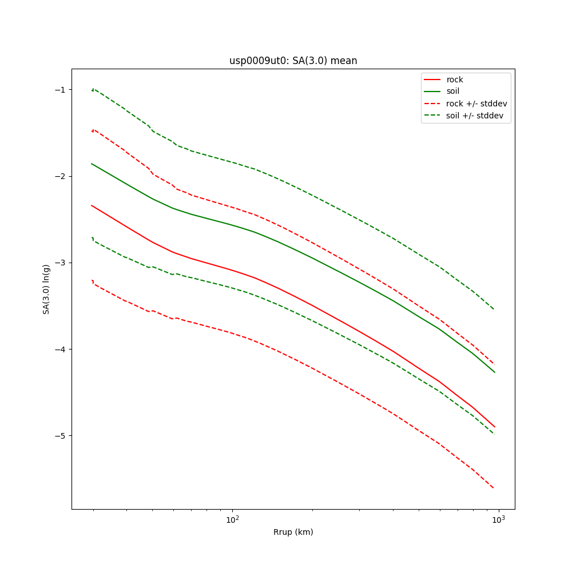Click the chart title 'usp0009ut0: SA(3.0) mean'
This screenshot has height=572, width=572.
point(293,61)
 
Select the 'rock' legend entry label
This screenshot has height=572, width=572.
point(455,80)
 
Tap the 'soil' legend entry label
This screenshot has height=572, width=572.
point(453,92)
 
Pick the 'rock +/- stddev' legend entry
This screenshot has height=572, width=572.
point(476,104)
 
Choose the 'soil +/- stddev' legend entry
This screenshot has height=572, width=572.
point(476,116)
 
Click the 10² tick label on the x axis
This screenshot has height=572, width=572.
point(232,519)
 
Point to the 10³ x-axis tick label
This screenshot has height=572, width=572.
point(499,519)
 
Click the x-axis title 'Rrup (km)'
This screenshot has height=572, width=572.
point(293,532)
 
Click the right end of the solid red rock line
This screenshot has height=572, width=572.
point(494,427)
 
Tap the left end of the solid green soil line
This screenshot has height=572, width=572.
point(92,164)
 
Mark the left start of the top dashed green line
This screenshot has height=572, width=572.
point(92,90)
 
